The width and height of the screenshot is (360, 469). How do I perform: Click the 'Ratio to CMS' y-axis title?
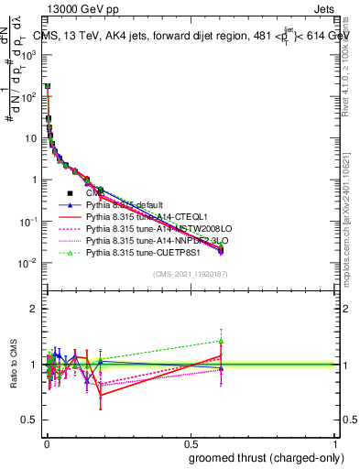(x=13, y=365)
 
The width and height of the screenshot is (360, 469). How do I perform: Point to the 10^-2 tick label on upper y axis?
(x=27, y=263)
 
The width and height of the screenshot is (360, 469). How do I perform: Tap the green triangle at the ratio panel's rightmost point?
(x=220, y=341)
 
